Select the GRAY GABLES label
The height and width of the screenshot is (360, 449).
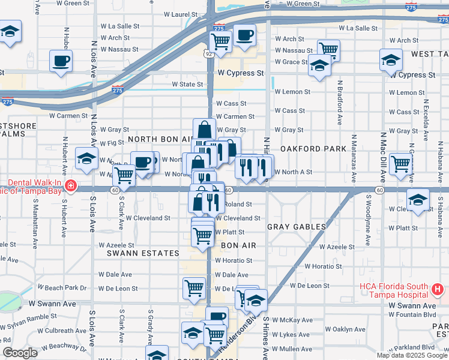click(x=297, y=227)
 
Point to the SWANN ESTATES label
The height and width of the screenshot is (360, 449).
click(x=143, y=253)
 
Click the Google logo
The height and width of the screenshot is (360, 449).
click(x=20, y=353)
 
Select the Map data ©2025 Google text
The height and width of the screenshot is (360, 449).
click(x=412, y=355)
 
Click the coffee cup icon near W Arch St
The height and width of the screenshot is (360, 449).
click(x=244, y=36)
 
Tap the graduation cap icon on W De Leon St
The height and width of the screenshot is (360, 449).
click(x=256, y=299)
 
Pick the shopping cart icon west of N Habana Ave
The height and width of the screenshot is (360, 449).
click(x=400, y=164)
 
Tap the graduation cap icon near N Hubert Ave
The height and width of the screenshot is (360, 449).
click(x=86, y=159)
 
